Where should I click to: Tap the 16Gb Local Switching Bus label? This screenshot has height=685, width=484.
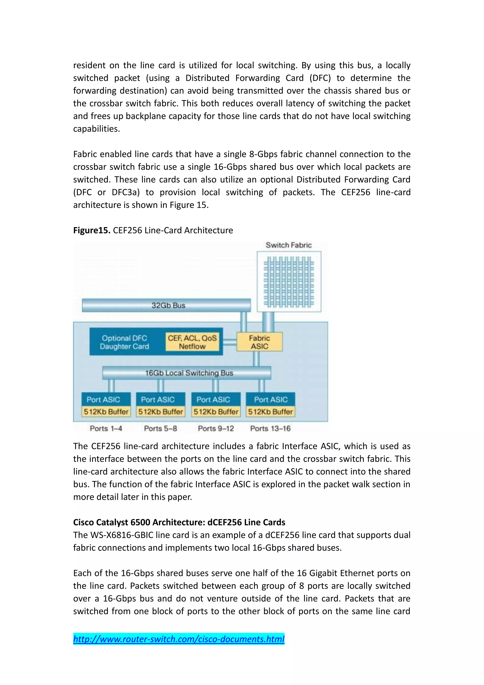(x=189, y=373)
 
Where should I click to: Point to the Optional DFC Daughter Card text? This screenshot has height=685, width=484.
(x=124, y=342)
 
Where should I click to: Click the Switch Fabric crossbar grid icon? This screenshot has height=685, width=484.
(x=289, y=282)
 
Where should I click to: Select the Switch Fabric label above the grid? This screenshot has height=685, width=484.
(x=289, y=245)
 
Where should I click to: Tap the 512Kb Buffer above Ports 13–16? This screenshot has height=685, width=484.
(x=270, y=412)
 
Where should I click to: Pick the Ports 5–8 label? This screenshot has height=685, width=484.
(x=160, y=428)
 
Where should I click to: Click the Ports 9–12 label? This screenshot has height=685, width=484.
(x=216, y=428)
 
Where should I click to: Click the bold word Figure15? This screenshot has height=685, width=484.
(x=92, y=230)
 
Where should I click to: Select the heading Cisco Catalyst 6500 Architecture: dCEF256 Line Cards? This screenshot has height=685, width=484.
(x=179, y=522)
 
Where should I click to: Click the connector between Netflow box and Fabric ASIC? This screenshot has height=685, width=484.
(x=230, y=342)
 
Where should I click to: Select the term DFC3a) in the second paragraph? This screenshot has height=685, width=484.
(x=125, y=192)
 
